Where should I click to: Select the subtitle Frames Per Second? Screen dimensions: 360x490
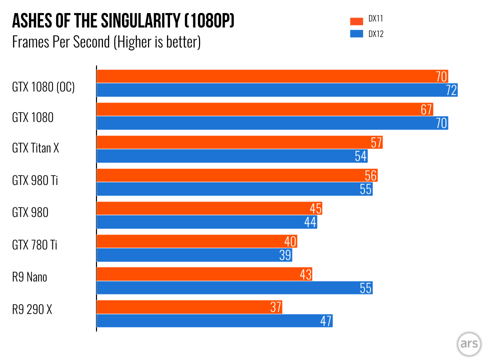106,42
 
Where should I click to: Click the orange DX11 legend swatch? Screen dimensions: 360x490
356,20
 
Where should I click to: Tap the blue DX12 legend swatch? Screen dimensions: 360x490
356,34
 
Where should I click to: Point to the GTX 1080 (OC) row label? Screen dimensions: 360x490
43,87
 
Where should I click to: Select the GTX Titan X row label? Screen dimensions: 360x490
35,148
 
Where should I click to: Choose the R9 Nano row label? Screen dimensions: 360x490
29,276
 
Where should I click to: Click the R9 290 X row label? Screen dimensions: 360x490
32,309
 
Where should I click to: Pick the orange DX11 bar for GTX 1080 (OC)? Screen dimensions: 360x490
265,76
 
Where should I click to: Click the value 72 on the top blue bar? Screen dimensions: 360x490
450,90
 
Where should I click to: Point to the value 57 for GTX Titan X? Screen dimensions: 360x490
376,143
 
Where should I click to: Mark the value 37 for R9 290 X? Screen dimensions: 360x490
275,307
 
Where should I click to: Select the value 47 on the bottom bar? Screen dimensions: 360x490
326,321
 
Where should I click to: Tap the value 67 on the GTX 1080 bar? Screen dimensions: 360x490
426,110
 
